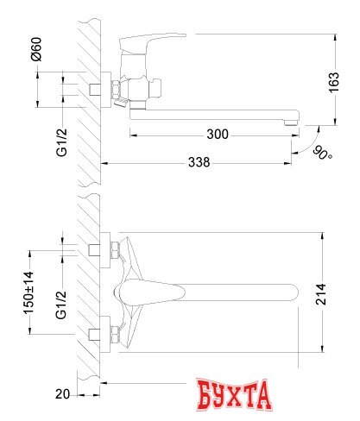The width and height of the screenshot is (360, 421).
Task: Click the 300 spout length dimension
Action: click(x=218, y=134)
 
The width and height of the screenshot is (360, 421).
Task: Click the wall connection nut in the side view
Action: click(x=113, y=90)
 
